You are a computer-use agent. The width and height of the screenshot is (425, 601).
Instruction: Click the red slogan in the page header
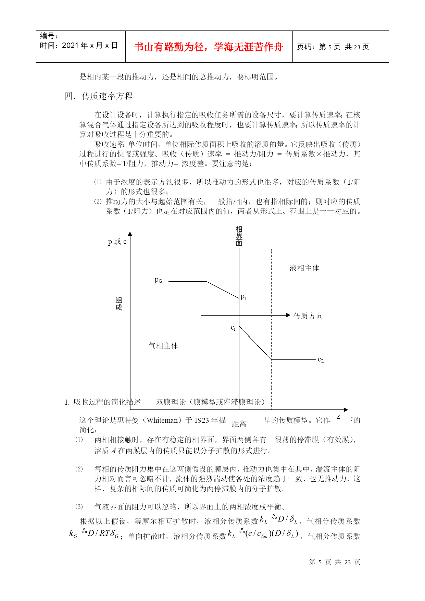click(x=209, y=47)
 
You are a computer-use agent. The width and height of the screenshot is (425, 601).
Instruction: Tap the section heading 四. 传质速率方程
click(x=99, y=96)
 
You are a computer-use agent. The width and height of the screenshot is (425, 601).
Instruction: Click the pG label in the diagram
click(x=158, y=281)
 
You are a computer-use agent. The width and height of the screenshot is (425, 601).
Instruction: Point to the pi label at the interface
click(x=243, y=297)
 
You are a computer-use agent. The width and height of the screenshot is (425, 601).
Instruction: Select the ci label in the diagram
click(x=233, y=328)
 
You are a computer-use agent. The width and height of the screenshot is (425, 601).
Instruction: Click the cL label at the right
click(x=321, y=359)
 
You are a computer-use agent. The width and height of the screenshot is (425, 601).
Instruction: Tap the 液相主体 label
click(x=304, y=268)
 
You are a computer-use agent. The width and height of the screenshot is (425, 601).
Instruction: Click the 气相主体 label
click(x=163, y=346)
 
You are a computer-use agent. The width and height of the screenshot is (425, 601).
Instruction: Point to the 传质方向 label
click(x=308, y=316)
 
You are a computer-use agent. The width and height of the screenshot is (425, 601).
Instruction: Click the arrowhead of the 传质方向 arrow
click(x=288, y=315)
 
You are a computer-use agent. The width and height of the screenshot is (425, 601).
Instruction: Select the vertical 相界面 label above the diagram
click(x=239, y=236)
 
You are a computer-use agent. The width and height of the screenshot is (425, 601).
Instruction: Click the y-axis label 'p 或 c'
click(x=117, y=242)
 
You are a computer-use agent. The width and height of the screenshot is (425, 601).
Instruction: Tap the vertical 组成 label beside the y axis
click(x=118, y=304)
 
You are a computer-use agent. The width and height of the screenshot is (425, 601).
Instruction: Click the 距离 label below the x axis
click(x=239, y=424)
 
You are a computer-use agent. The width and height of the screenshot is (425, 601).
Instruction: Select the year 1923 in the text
click(x=202, y=420)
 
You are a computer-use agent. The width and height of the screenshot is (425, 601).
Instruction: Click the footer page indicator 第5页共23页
click(x=335, y=562)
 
